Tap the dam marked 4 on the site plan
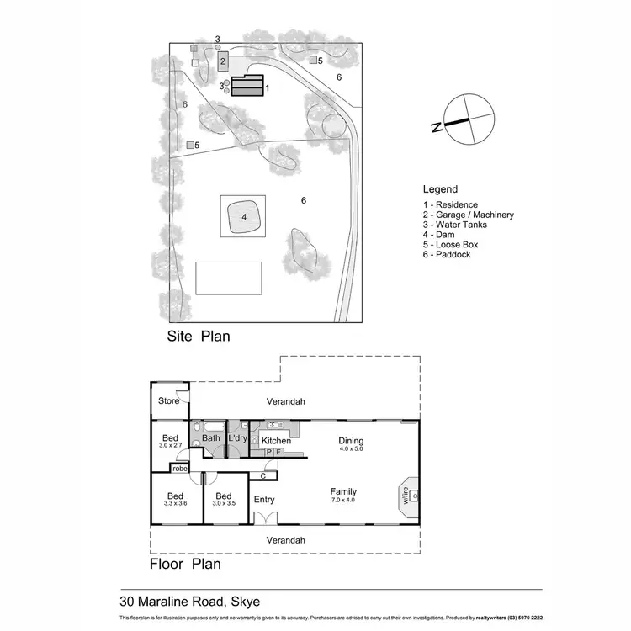pyautogui.click(x=243, y=217)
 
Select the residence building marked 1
pyautogui.click(x=247, y=87)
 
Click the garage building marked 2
pyautogui.click(x=223, y=61)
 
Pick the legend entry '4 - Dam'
pyautogui.click(x=438, y=235)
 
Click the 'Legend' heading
pyautogui.click(x=440, y=190)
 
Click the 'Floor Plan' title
pyautogui.click(x=185, y=564)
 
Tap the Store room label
pyautogui.click(x=169, y=400)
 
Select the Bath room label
pyautogui.click(x=211, y=437)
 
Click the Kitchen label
pyautogui.click(x=276, y=441)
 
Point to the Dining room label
pyautogui.click(x=351, y=440)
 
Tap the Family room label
pyautogui.click(x=343, y=492)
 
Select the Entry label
pyautogui.click(x=264, y=499)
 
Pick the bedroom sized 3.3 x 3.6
pyautogui.click(x=175, y=500)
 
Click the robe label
pyautogui.click(x=180, y=468)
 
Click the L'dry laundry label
pyautogui.click(x=236, y=437)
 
